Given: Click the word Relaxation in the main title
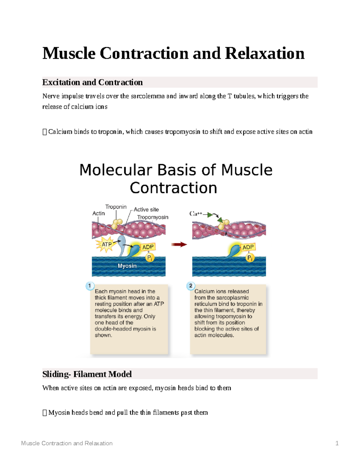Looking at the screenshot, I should (x=264, y=54).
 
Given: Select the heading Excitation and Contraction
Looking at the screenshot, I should (x=92, y=82).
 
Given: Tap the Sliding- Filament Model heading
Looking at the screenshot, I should (x=87, y=374).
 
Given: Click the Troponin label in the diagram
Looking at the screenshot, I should (x=116, y=207).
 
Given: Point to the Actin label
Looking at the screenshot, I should (x=98, y=213).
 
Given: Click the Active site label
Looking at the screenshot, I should (x=146, y=209).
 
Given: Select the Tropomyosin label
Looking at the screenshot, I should (x=153, y=217).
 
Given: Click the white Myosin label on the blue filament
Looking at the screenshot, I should (x=127, y=266).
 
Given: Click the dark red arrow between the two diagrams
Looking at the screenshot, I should (x=179, y=245).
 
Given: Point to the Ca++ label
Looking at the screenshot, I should (x=196, y=214).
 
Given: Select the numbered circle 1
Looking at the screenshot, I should (x=90, y=286).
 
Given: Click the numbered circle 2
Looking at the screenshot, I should (x=190, y=286).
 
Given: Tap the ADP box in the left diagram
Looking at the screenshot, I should (x=148, y=247).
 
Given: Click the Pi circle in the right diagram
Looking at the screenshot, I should (x=250, y=258).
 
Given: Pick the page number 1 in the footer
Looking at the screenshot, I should (x=337, y=443).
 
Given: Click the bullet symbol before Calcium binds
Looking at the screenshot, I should (x=45, y=132).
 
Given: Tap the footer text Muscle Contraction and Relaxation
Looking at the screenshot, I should (x=67, y=443).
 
